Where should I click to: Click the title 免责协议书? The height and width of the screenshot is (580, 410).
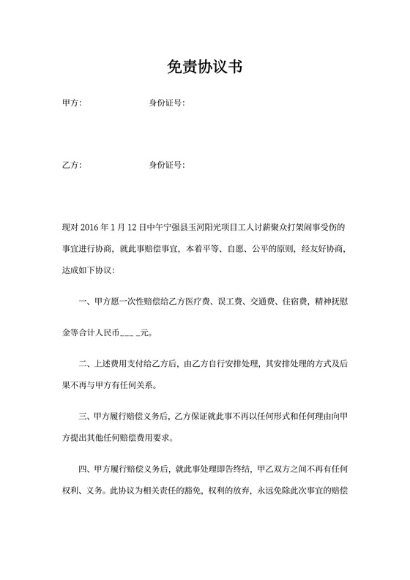point(204,68)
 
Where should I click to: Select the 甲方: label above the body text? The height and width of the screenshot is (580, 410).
point(72,103)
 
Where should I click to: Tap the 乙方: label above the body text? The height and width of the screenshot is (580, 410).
point(72,165)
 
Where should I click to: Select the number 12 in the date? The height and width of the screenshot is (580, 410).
point(133,228)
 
